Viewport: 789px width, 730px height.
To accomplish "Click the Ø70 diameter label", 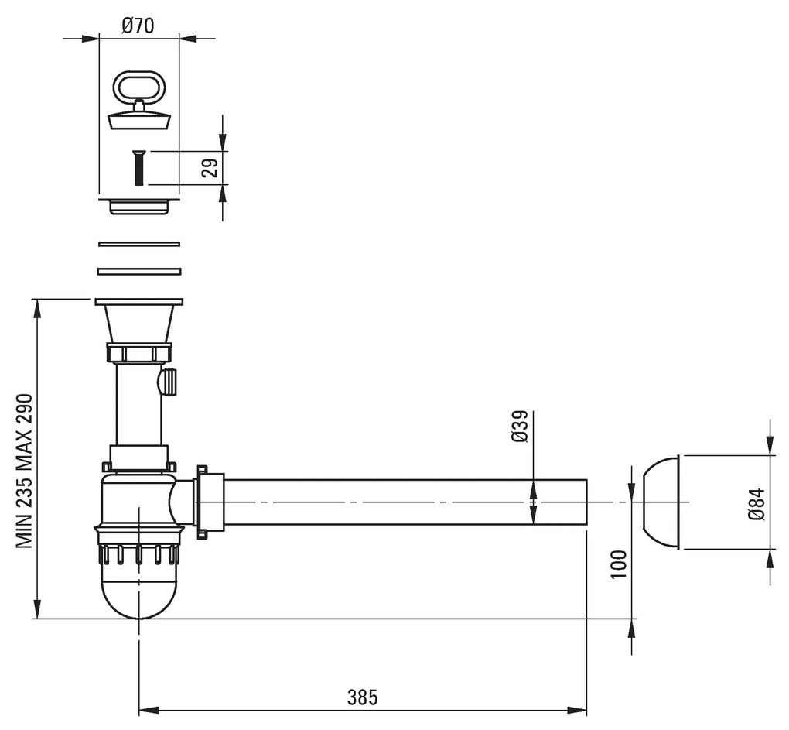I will (x=138, y=26).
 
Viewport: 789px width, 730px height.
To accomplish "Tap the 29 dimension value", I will (x=209, y=168).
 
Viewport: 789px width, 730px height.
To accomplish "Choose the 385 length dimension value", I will (x=362, y=697).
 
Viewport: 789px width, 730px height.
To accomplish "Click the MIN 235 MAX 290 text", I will (x=26, y=471).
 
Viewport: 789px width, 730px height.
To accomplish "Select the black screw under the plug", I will (x=138, y=167).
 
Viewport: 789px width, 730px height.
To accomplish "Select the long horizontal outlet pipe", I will (x=402, y=502).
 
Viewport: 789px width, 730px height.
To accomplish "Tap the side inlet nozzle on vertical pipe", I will (x=169, y=382).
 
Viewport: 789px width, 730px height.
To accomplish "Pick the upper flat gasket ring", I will (x=139, y=244).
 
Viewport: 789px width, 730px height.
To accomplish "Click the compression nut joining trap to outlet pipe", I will (x=209, y=502).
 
